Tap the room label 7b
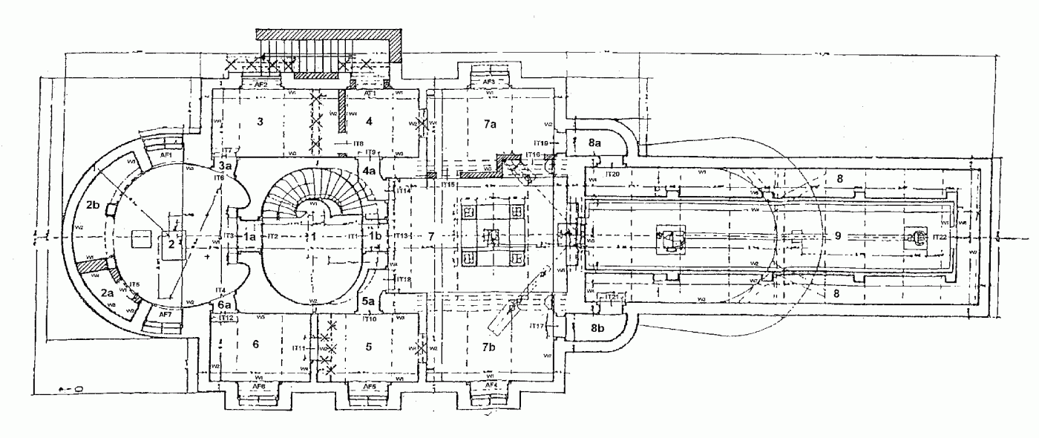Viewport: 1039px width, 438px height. click(489, 347)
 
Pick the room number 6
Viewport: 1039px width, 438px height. click(255, 344)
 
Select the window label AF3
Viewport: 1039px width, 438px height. click(489, 82)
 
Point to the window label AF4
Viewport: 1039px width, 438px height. click(490, 386)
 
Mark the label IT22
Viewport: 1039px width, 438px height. click(939, 237)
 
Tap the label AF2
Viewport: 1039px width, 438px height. click(261, 85)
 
